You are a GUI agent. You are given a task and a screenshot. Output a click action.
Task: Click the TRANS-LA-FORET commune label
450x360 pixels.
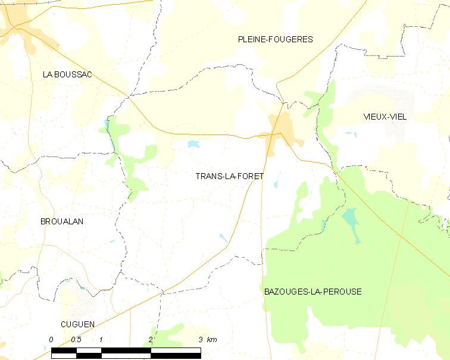pyautogui.click(x=229, y=176)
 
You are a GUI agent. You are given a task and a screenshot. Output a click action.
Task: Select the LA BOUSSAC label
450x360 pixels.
pyautogui.click(x=67, y=74)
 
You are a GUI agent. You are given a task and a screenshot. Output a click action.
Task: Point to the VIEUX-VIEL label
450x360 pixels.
pyautogui.click(x=385, y=117)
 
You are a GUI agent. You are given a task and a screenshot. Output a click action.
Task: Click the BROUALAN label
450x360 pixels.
pyautogui.click(x=61, y=221)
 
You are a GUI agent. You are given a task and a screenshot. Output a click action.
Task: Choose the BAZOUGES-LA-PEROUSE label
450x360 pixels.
pyautogui.click(x=312, y=292)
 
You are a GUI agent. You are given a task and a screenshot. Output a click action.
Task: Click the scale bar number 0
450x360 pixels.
pyautogui.click(x=51, y=339)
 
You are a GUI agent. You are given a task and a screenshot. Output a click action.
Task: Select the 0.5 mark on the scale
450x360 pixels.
pyautogui.click(x=76, y=339)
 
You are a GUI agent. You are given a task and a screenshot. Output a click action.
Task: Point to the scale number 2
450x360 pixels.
pyautogui.click(x=151, y=339)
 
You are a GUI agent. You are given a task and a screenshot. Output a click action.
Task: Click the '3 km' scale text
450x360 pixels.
pyautogui.click(x=208, y=339)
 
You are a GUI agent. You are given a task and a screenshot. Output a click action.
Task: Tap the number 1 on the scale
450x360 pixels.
pyautogui.click(x=102, y=339)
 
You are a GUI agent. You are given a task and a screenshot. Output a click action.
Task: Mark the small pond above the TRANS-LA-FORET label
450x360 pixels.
pyautogui.click(x=193, y=144)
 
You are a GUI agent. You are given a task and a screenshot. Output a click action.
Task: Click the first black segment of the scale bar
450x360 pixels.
pyautogui.click(x=64, y=353)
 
